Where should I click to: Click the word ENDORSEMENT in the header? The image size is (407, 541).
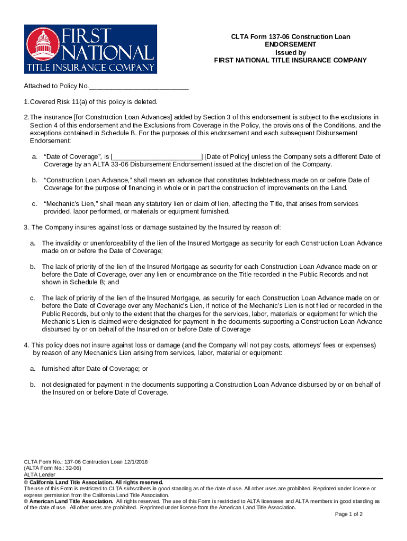[x=290, y=45]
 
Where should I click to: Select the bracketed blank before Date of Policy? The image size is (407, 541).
[x=157, y=157]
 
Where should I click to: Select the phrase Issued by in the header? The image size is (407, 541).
[x=290, y=53]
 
